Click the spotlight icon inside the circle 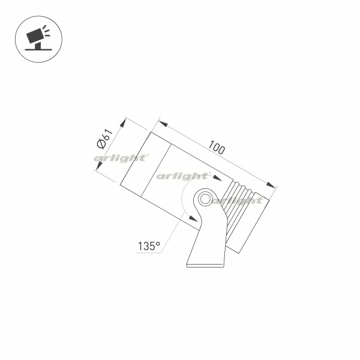pyautogui.click(x=37, y=37)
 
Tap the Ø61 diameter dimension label pyautogui.click(x=103, y=140)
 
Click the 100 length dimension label pyautogui.click(x=217, y=148)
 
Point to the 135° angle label pyautogui.click(x=148, y=245)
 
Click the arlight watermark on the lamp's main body pyautogui.click(x=182, y=176)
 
